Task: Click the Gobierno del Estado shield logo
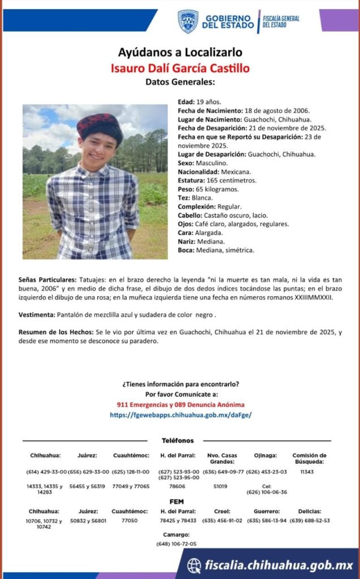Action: [x=188, y=21]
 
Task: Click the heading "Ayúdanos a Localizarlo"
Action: [x=180, y=53]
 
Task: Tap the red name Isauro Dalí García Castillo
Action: [x=180, y=68]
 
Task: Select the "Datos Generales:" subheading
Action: [x=180, y=82]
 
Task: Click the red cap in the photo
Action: [x=99, y=123]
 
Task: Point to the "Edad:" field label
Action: [x=186, y=101]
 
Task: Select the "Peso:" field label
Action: [x=186, y=189]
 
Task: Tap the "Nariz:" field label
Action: [x=188, y=241]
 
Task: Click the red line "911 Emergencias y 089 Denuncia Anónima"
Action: [x=181, y=405]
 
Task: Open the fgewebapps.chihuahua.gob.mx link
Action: [x=181, y=414]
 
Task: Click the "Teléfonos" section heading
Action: [x=177, y=440]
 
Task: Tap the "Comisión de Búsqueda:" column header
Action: [x=309, y=458]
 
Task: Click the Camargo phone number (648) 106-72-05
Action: [x=176, y=543]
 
